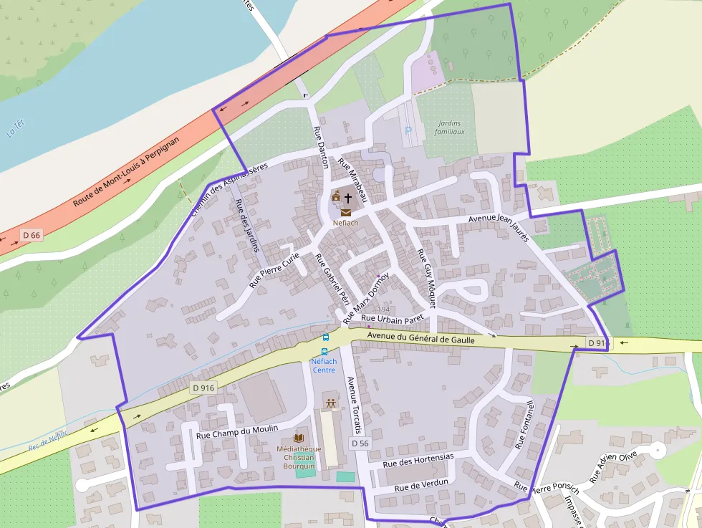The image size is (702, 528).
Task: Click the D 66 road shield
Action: click(x=31, y=235)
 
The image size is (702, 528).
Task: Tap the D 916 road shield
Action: click(x=203, y=388)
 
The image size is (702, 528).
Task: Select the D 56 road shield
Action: click(x=360, y=443)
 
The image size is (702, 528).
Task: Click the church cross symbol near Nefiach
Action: click(x=348, y=196)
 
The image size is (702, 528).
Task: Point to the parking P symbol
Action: click(x=408, y=130)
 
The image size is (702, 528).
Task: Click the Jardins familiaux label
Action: click(x=450, y=128)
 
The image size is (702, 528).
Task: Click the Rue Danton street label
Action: click(x=320, y=147)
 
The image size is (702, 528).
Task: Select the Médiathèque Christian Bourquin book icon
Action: click(x=299, y=438)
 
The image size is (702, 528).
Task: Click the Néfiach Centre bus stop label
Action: click(x=324, y=365)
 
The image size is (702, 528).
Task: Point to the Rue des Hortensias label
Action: click(x=418, y=459)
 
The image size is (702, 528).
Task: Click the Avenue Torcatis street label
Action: click(x=352, y=405)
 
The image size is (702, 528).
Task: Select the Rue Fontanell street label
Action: click(x=525, y=423)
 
